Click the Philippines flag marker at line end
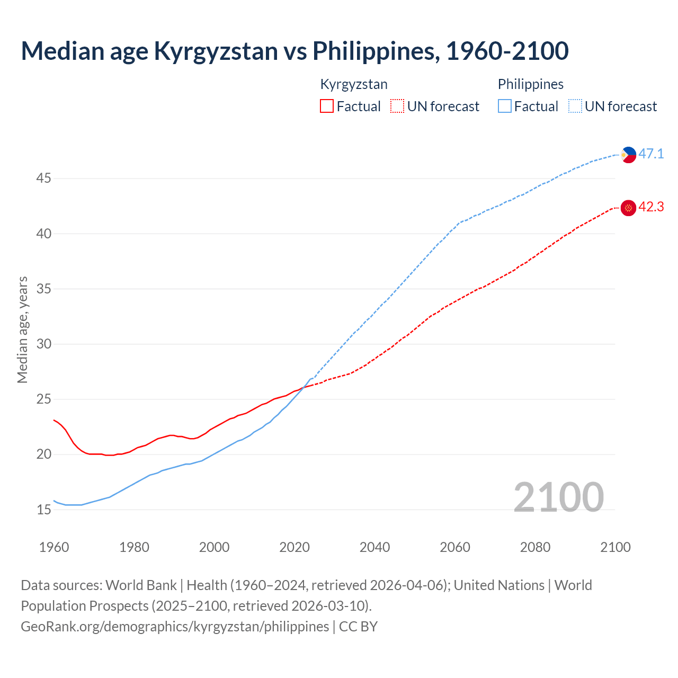coord(628,155)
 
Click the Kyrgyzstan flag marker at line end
coord(628,208)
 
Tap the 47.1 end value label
coord(651,154)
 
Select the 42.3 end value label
coord(651,207)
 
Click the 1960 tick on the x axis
coord(54,547)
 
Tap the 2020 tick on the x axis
coord(295,547)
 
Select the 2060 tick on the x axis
coord(455,547)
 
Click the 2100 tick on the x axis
coord(615,547)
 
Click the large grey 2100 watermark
coord(558,497)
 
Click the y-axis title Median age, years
coord(22,329)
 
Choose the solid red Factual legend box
coord(327,106)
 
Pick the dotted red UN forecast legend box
coord(397,106)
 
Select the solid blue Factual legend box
coord(505,106)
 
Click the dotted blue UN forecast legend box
coord(575,106)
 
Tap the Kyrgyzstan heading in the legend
coord(354,84)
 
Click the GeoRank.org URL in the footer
coord(175,627)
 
